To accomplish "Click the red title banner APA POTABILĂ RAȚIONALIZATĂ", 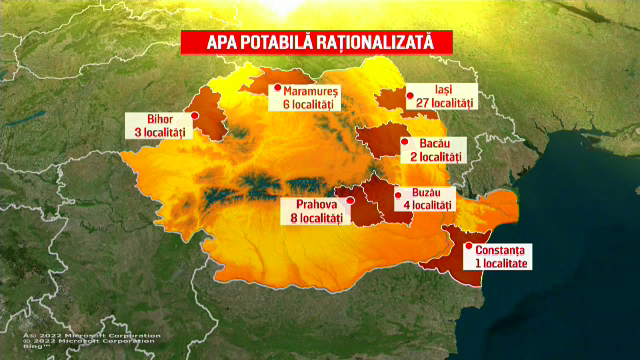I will point(315,42).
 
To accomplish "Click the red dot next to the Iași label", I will point(409,96).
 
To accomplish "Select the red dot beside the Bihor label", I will point(194,114).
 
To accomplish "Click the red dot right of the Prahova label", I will point(349,201).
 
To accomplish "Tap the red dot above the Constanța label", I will point(470,237).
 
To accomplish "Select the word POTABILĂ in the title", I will point(280,42).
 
